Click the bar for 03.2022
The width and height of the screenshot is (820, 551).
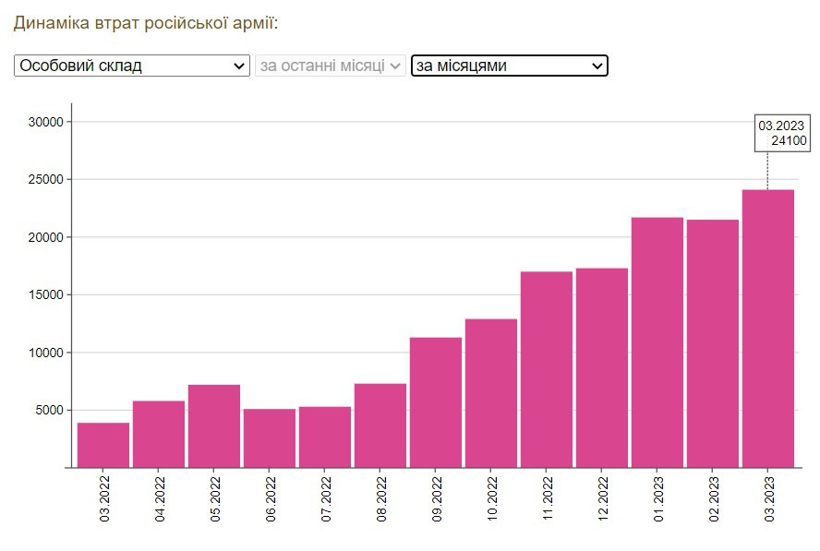103,445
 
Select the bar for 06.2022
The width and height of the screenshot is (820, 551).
270,437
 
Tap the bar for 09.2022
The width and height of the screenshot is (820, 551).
436,402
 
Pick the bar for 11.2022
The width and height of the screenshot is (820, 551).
547,369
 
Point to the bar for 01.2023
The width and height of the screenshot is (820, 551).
657,342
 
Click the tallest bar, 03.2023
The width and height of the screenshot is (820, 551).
768,329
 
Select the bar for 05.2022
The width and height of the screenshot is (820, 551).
214,425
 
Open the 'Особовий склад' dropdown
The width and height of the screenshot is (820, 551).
132,66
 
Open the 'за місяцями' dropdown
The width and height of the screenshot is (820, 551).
509,66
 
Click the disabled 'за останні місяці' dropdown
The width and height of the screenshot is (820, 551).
331,66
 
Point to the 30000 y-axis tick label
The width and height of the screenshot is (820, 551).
44,122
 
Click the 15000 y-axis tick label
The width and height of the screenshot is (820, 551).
44,295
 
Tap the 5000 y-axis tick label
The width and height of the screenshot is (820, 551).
48,411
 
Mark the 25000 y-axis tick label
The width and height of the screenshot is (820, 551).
44,180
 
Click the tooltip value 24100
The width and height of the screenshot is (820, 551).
790,141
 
